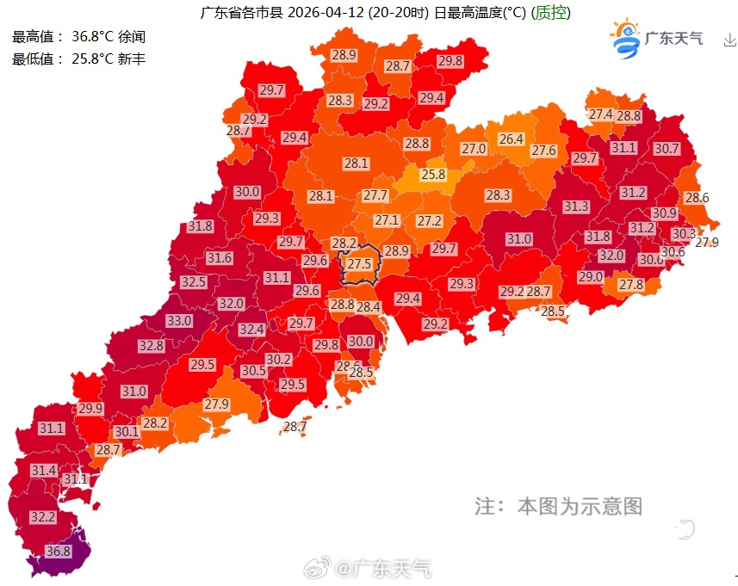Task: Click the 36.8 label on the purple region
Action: (x=59, y=552)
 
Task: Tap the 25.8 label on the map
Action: (x=433, y=175)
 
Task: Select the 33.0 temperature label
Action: (x=179, y=321)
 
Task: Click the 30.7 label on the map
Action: (x=667, y=149)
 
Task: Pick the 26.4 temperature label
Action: (x=511, y=139)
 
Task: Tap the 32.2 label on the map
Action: (x=42, y=517)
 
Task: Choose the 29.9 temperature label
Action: (x=90, y=409)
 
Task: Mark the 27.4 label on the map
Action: (x=600, y=115)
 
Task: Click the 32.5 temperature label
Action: (x=193, y=282)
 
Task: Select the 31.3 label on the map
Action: (x=576, y=207)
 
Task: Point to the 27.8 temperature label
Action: (x=630, y=285)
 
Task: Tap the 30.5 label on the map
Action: (x=253, y=371)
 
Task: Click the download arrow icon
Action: (x=729, y=40)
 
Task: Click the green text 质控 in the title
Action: (x=551, y=13)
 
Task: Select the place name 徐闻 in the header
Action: (x=132, y=37)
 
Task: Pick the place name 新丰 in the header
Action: (x=132, y=59)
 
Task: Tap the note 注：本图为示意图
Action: (x=558, y=506)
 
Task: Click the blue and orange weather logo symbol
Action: (x=626, y=40)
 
